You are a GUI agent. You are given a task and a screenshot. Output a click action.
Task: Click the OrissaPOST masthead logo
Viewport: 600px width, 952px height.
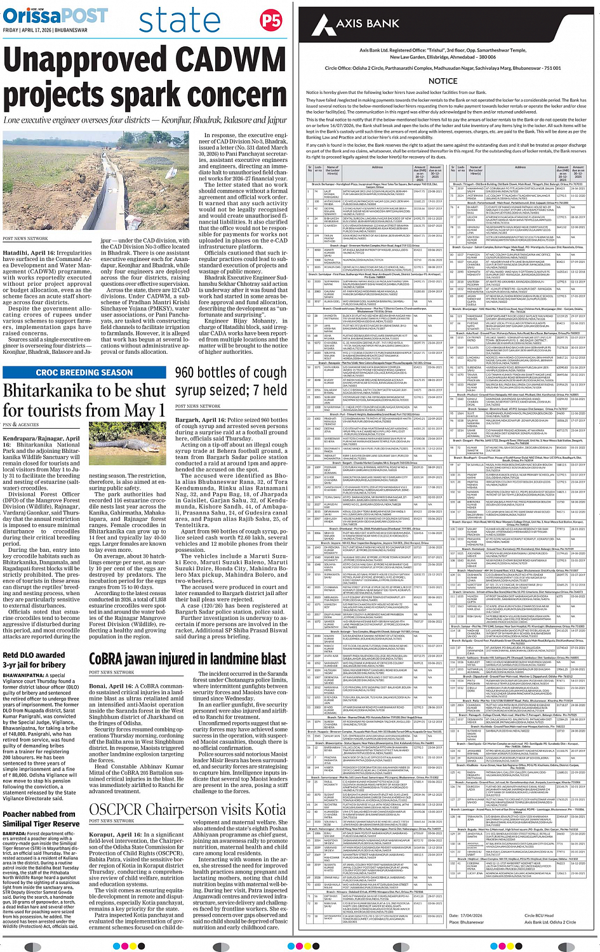click(x=55, y=15)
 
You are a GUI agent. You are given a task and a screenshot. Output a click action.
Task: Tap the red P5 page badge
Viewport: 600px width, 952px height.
click(x=271, y=20)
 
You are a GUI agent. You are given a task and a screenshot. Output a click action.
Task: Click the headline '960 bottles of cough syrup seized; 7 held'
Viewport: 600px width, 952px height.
click(x=230, y=381)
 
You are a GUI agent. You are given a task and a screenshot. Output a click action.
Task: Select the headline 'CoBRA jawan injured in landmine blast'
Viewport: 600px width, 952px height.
click(x=187, y=659)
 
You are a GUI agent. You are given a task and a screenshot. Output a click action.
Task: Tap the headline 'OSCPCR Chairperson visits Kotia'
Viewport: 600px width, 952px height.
click(x=187, y=810)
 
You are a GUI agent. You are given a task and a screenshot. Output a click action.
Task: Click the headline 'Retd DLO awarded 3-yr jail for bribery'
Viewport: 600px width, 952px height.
click(x=34, y=660)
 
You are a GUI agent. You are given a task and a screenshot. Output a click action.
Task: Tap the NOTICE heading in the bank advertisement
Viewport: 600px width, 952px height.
click(x=443, y=81)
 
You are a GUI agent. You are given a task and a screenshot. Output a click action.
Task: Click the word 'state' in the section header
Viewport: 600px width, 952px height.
click(x=180, y=20)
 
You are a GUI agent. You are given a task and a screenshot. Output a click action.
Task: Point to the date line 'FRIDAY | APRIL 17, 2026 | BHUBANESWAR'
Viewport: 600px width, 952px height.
click(x=45, y=30)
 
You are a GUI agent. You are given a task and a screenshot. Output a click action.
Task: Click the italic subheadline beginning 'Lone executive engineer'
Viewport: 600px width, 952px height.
click(x=145, y=120)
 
